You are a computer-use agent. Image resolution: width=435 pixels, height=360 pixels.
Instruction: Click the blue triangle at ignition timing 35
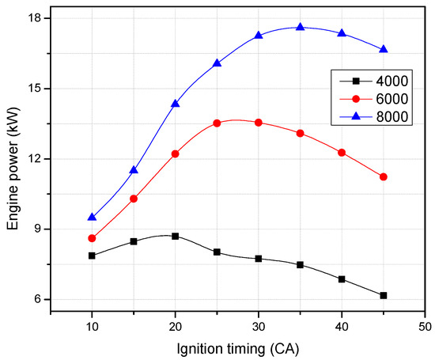[x=300, y=27]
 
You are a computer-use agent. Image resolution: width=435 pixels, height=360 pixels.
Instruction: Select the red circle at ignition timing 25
[x=217, y=123]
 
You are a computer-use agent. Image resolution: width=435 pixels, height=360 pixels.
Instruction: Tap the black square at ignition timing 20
[x=175, y=236]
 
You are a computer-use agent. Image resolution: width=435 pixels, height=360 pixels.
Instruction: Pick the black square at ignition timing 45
[x=384, y=295]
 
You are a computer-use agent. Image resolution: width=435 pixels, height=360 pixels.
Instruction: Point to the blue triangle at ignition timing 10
[x=92, y=217]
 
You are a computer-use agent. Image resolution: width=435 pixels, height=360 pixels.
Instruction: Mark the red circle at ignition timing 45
[x=384, y=176]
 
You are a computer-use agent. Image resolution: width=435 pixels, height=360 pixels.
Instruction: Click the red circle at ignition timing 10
[x=92, y=238]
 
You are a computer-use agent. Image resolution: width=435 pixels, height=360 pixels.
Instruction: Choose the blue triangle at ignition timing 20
[x=175, y=103]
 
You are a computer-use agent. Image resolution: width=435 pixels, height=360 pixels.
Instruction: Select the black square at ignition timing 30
[x=259, y=259]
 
